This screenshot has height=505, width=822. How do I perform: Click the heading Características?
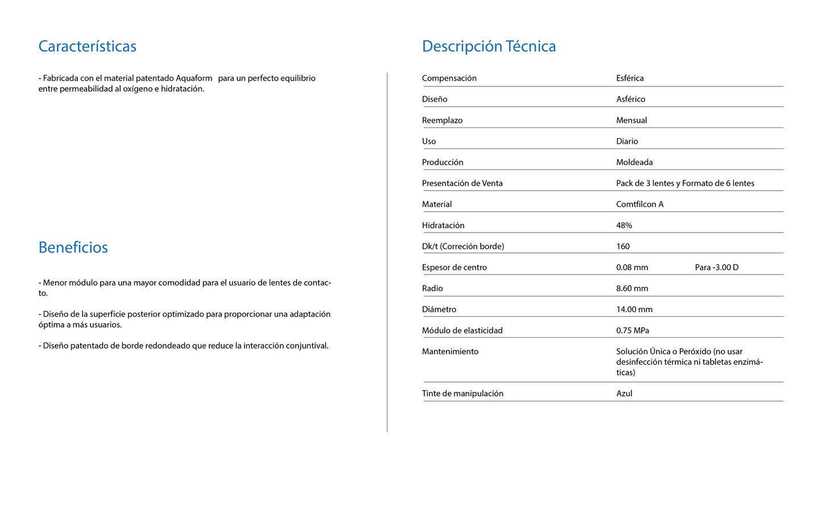tap(87, 46)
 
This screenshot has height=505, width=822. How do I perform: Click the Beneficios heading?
tap(73, 247)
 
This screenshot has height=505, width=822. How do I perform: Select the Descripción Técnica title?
tap(489, 46)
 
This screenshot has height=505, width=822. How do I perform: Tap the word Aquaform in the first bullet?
tap(194, 78)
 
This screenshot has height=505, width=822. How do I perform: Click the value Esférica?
tap(630, 78)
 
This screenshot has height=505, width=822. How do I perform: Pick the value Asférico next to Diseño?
tap(630, 99)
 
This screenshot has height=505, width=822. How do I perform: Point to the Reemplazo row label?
tap(442, 120)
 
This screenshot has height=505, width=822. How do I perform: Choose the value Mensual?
tap(631, 120)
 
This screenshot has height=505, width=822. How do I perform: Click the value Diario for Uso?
tap(627, 141)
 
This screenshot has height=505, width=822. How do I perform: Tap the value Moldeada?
tap(634, 162)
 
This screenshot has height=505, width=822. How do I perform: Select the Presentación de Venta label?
tap(462, 183)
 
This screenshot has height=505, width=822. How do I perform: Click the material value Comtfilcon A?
tap(639, 204)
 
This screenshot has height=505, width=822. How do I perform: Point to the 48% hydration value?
tap(624, 225)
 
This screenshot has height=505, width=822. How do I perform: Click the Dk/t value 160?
tap(623, 246)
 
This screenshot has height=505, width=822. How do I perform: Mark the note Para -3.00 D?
tap(716, 267)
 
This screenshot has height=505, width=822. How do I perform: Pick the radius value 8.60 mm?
tap(632, 288)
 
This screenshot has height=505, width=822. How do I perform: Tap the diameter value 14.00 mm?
tap(634, 309)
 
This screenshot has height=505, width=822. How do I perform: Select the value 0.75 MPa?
tap(633, 330)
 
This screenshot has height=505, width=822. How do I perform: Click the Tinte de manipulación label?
tap(462, 394)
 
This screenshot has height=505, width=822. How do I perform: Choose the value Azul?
tap(624, 394)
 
